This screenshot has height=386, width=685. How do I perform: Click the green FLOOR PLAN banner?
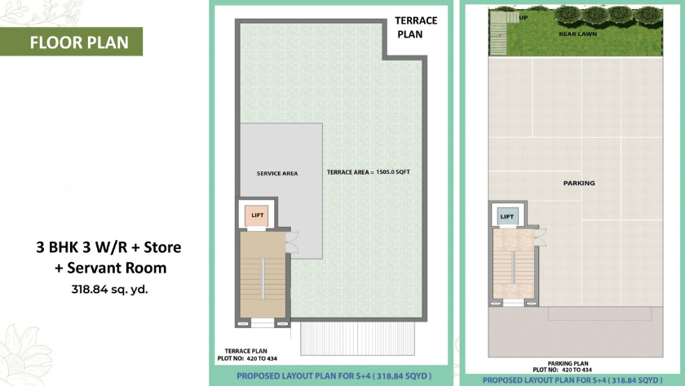(x=71, y=42)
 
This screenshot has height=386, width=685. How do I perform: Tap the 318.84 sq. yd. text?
(x=109, y=289)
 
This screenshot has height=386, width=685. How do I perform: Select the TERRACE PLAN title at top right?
(x=415, y=27)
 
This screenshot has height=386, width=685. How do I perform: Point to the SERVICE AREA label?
(x=277, y=174)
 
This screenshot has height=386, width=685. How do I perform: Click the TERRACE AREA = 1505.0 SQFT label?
(x=369, y=172)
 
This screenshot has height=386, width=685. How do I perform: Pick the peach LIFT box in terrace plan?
(x=256, y=215)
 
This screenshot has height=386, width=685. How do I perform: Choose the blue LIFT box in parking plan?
(x=506, y=216)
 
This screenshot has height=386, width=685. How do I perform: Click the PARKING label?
(x=579, y=183)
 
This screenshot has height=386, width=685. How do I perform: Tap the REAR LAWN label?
(x=577, y=33)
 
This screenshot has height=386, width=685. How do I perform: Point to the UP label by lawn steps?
(x=524, y=18)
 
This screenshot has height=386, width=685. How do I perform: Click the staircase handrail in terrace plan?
(x=263, y=279)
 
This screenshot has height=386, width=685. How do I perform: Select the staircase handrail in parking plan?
(x=513, y=267)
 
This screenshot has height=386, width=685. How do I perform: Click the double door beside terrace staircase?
(x=292, y=242)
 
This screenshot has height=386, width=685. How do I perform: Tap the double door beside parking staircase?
(x=541, y=237)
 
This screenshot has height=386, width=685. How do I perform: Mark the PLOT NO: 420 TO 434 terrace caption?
(x=247, y=358)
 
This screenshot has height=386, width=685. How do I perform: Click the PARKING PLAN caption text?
(x=568, y=363)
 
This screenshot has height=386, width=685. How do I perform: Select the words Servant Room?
(x=117, y=268)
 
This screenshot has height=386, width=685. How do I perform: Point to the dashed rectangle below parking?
(x=600, y=313)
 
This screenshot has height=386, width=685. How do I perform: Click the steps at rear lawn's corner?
(x=498, y=33)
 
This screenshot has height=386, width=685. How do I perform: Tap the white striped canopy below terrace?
(x=357, y=339)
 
